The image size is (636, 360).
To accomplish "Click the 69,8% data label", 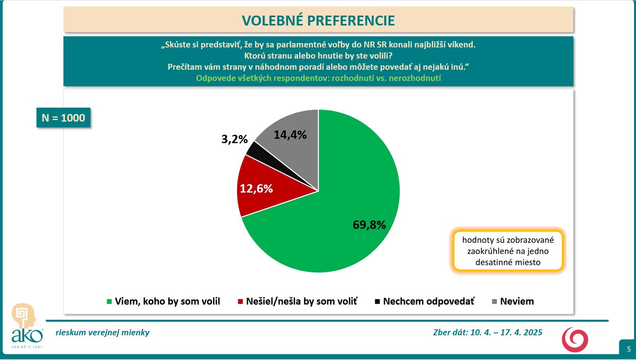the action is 369,225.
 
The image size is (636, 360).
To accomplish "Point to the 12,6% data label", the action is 256,189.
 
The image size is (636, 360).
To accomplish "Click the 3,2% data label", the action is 235,139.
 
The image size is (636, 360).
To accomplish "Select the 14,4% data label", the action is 290,135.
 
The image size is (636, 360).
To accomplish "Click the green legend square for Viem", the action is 109,301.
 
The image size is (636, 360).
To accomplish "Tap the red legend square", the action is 240,301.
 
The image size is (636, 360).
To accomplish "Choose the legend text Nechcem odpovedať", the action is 428,301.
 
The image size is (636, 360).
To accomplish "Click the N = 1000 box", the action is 63,118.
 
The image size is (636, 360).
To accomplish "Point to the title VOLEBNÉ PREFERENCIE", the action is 318,20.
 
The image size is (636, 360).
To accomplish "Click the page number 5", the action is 629,349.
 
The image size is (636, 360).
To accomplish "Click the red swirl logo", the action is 575,340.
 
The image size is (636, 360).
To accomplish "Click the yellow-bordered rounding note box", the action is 508,251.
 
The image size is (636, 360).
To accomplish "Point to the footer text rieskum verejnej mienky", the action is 102,332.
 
